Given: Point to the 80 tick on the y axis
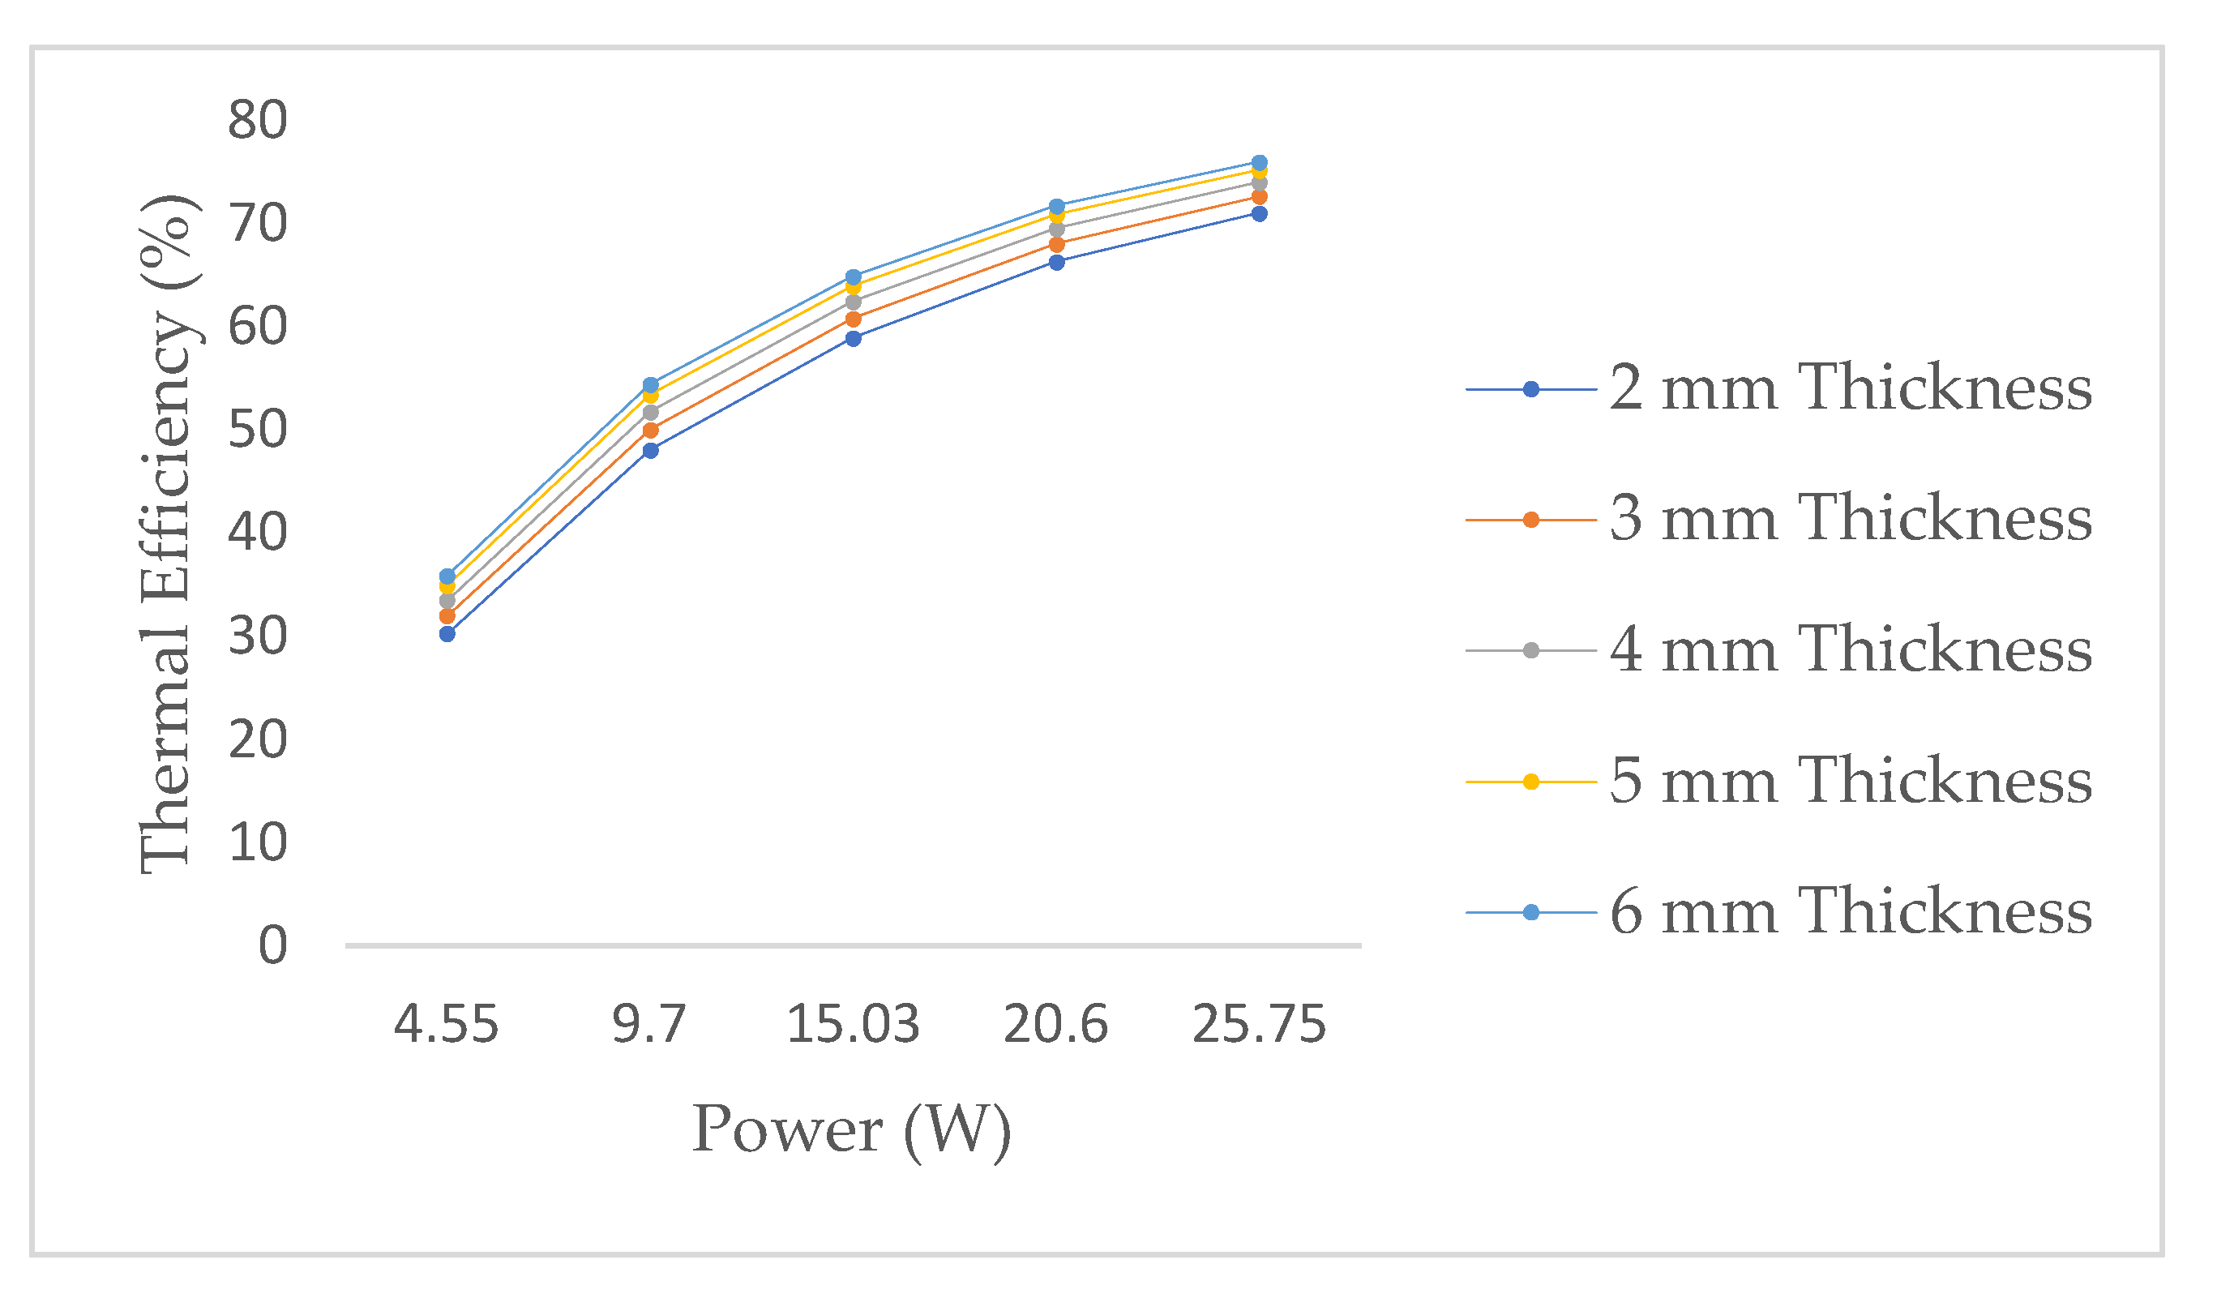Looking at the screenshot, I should [257, 120].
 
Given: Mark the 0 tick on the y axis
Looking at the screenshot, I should [272, 945].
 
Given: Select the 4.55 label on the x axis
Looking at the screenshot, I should [446, 1025].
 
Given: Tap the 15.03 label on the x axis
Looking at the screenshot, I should [853, 1025].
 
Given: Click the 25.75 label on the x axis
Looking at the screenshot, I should [1259, 1025].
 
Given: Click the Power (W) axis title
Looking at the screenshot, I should [852, 1129].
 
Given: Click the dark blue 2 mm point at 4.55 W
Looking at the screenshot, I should [447, 633].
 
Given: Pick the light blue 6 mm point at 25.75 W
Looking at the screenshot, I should [1259, 163].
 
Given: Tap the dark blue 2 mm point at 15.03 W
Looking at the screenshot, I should [854, 339].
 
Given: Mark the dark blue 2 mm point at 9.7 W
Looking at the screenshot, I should [650, 451].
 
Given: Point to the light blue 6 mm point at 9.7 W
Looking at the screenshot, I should [650, 384].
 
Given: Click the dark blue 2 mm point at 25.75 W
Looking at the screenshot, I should [1259, 214].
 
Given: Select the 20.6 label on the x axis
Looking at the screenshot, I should [1055, 1025].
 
